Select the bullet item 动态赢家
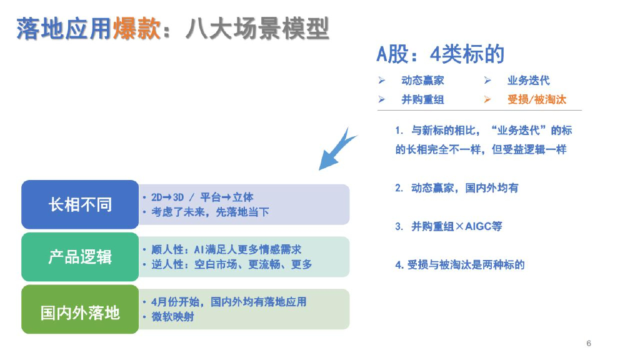422,81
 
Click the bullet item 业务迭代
528,81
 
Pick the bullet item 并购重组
422,99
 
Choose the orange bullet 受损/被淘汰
537,99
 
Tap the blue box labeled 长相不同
80,204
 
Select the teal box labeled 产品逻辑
80,257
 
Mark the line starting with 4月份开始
229,302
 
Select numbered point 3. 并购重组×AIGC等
448,226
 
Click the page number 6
589,343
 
